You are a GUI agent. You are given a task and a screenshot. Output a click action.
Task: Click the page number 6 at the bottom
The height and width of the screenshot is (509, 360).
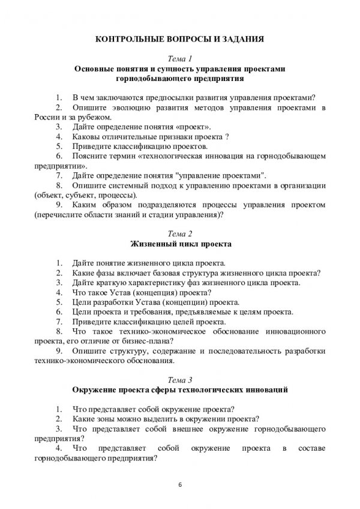(x=180, y=483)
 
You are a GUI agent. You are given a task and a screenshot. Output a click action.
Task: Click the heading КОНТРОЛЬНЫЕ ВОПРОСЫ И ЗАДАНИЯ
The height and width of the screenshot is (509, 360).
(x=180, y=40)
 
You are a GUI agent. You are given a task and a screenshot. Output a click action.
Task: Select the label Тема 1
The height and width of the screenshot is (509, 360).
(x=180, y=59)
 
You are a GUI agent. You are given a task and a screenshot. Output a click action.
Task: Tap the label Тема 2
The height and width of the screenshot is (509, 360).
(x=180, y=234)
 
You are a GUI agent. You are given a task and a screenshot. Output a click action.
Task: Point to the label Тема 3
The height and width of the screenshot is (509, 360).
(x=180, y=379)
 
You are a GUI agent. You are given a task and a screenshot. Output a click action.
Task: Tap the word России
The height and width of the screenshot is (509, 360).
(x=50, y=116)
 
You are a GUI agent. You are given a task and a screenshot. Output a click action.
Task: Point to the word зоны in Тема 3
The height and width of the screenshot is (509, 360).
(x=110, y=418)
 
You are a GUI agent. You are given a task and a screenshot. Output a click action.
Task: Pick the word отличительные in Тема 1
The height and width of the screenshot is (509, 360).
(x=129, y=136)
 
